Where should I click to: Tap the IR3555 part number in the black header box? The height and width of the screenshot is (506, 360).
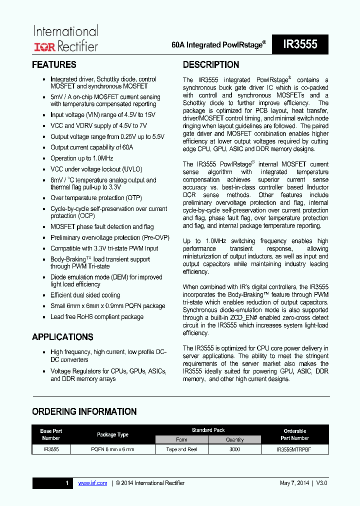(300, 44)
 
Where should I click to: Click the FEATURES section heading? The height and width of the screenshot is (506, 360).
(54, 65)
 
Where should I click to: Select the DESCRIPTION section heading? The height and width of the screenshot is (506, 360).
(211, 65)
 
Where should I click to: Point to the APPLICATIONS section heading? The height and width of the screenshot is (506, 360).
(62, 337)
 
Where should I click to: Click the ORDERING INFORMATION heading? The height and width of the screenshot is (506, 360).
(84, 412)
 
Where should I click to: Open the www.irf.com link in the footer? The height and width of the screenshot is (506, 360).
(93, 483)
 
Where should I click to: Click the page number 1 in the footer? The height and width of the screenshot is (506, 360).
(67, 483)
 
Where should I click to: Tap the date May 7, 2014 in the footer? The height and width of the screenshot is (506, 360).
(294, 483)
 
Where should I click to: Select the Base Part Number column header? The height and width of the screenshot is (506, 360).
(51, 434)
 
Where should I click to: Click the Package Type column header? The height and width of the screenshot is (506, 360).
(112, 434)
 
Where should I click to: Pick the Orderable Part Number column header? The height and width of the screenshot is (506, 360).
(295, 434)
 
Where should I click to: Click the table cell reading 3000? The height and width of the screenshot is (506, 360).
(234, 449)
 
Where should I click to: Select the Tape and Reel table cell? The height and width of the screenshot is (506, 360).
(181, 449)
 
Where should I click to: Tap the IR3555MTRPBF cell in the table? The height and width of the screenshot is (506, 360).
(293, 449)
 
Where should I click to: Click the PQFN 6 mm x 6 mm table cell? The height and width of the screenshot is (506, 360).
(112, 449)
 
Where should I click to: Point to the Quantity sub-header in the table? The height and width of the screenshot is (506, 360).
(234, 440)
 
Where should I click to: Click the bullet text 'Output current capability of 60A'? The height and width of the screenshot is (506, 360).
(92, 147)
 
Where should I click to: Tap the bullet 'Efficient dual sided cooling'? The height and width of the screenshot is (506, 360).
(85, 295)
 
